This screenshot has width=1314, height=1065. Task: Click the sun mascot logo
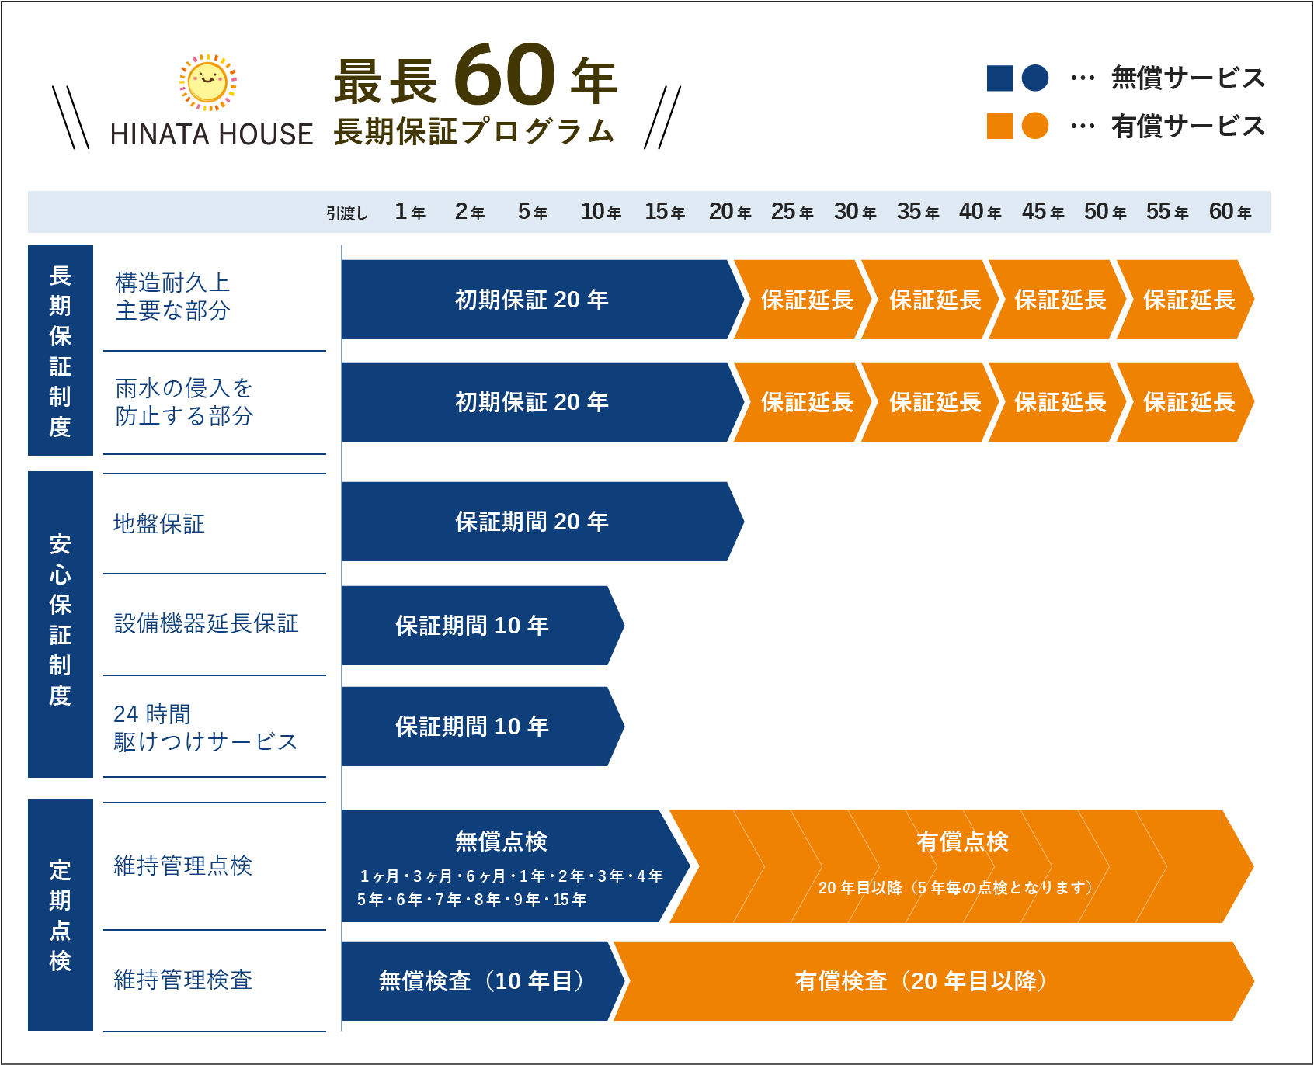(208, 82)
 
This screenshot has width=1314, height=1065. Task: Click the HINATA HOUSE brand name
(211, 134)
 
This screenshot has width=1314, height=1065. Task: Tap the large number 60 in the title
(505, 75)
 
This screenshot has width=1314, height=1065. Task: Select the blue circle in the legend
(1034, 78)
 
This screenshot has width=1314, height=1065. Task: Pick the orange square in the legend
(999, 126)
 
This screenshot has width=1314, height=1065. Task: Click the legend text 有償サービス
(1187, 126)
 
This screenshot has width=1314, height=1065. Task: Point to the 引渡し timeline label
(346, 213)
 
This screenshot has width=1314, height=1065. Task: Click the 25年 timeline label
(791, 212)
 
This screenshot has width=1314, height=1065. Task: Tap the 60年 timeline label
(1229, 212)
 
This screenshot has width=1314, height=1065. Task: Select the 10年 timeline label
(600, 212)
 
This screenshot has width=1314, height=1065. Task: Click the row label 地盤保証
(159, 524)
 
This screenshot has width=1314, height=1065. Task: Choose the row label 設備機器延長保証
(206, 623)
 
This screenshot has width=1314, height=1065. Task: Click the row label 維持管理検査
(182, 980)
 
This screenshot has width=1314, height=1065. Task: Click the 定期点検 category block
(61, 914)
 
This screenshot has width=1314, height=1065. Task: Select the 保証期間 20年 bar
(532, 522)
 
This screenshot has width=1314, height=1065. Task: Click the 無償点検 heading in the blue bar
(501, 841)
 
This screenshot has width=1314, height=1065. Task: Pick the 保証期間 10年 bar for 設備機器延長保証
(472, 626)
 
